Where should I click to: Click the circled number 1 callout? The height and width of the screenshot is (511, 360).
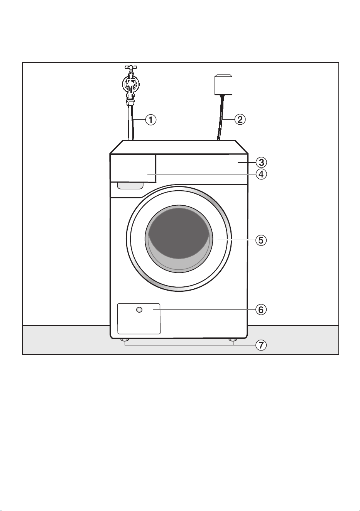click(151, 120)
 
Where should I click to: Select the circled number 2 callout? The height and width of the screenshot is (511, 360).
click(240, 119)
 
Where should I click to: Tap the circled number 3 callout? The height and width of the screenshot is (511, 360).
click(261, 162)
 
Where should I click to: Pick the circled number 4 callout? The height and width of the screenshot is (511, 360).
click(261, 174)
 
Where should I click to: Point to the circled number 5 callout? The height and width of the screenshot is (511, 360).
click(261, 240)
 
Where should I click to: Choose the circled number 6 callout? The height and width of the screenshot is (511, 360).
click(261, 310)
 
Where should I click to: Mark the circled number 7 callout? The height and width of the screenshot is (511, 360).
click(261, 345)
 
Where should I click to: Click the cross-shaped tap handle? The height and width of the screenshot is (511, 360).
click(131, 67)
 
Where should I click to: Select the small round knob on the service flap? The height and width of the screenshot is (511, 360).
click(139, 310)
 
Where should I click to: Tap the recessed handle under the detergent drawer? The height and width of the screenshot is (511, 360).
click(130, 186)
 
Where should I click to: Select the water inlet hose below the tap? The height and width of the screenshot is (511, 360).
click(130, 122)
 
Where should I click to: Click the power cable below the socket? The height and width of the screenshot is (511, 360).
click(221, 117)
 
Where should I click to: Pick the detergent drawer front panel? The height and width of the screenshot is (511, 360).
click(133, 168)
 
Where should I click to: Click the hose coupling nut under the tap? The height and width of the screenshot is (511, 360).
click(130, 101)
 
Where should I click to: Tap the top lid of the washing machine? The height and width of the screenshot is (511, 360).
click(179, 147)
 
